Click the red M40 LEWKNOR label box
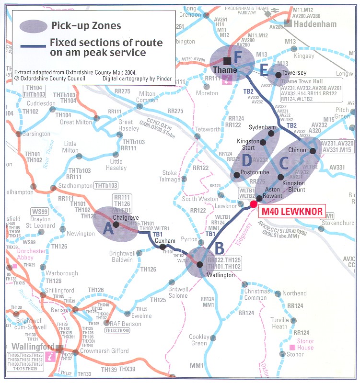coord(291,211)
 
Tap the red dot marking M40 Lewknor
coord(254,204)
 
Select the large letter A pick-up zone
coord(108,229)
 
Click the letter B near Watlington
coord(219,248)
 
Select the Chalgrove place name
coord(126,217)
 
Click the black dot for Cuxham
coord(163,247)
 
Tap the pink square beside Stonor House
coord(292,347)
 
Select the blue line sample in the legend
coord(32,46)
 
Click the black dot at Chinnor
coord(313,151)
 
